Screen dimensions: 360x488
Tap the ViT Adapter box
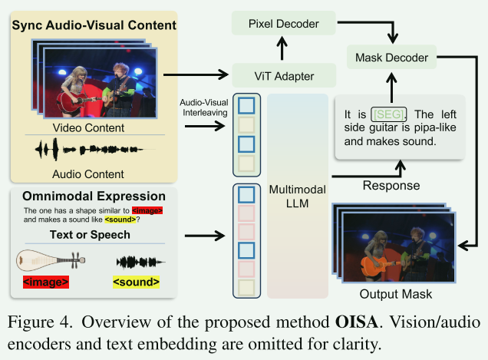[x=285, y=75]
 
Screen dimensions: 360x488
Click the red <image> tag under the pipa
[x=46, y=282]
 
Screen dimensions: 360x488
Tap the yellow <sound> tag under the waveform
[x=137, y=282]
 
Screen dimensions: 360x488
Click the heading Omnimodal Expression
[x=93, y=196]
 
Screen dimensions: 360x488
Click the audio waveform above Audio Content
[x=93, y=150]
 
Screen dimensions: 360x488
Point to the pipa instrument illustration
[x=46, y=260]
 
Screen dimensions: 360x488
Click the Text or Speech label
[x=93, y=235]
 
